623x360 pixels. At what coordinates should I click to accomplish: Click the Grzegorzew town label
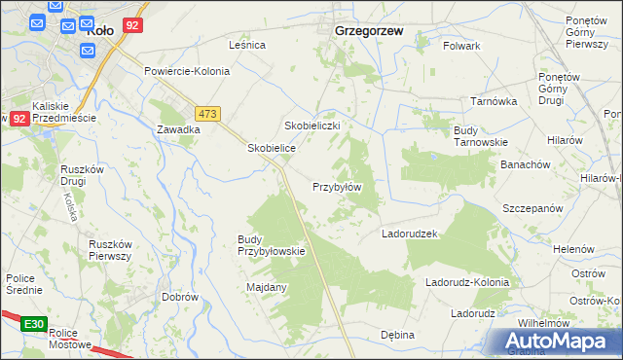369,30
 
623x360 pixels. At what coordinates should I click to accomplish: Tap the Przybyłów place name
337,187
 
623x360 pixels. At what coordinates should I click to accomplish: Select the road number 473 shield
208,113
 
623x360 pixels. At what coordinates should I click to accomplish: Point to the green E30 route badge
34,323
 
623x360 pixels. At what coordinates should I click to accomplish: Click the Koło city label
100,30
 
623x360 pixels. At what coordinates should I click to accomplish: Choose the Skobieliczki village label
311,126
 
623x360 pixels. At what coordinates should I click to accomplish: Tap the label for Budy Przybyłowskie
272,245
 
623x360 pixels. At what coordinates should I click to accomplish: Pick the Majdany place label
267,287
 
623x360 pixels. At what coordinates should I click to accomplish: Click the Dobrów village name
180,297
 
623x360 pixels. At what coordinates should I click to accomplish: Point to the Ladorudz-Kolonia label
467,283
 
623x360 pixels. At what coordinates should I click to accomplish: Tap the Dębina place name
397,335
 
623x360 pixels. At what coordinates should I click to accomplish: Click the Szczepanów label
532,209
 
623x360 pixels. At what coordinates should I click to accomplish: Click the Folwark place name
461,46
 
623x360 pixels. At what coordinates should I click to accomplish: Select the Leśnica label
247,46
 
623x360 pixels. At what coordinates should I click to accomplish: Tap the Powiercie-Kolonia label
187,72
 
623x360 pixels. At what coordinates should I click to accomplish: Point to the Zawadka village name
178,129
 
